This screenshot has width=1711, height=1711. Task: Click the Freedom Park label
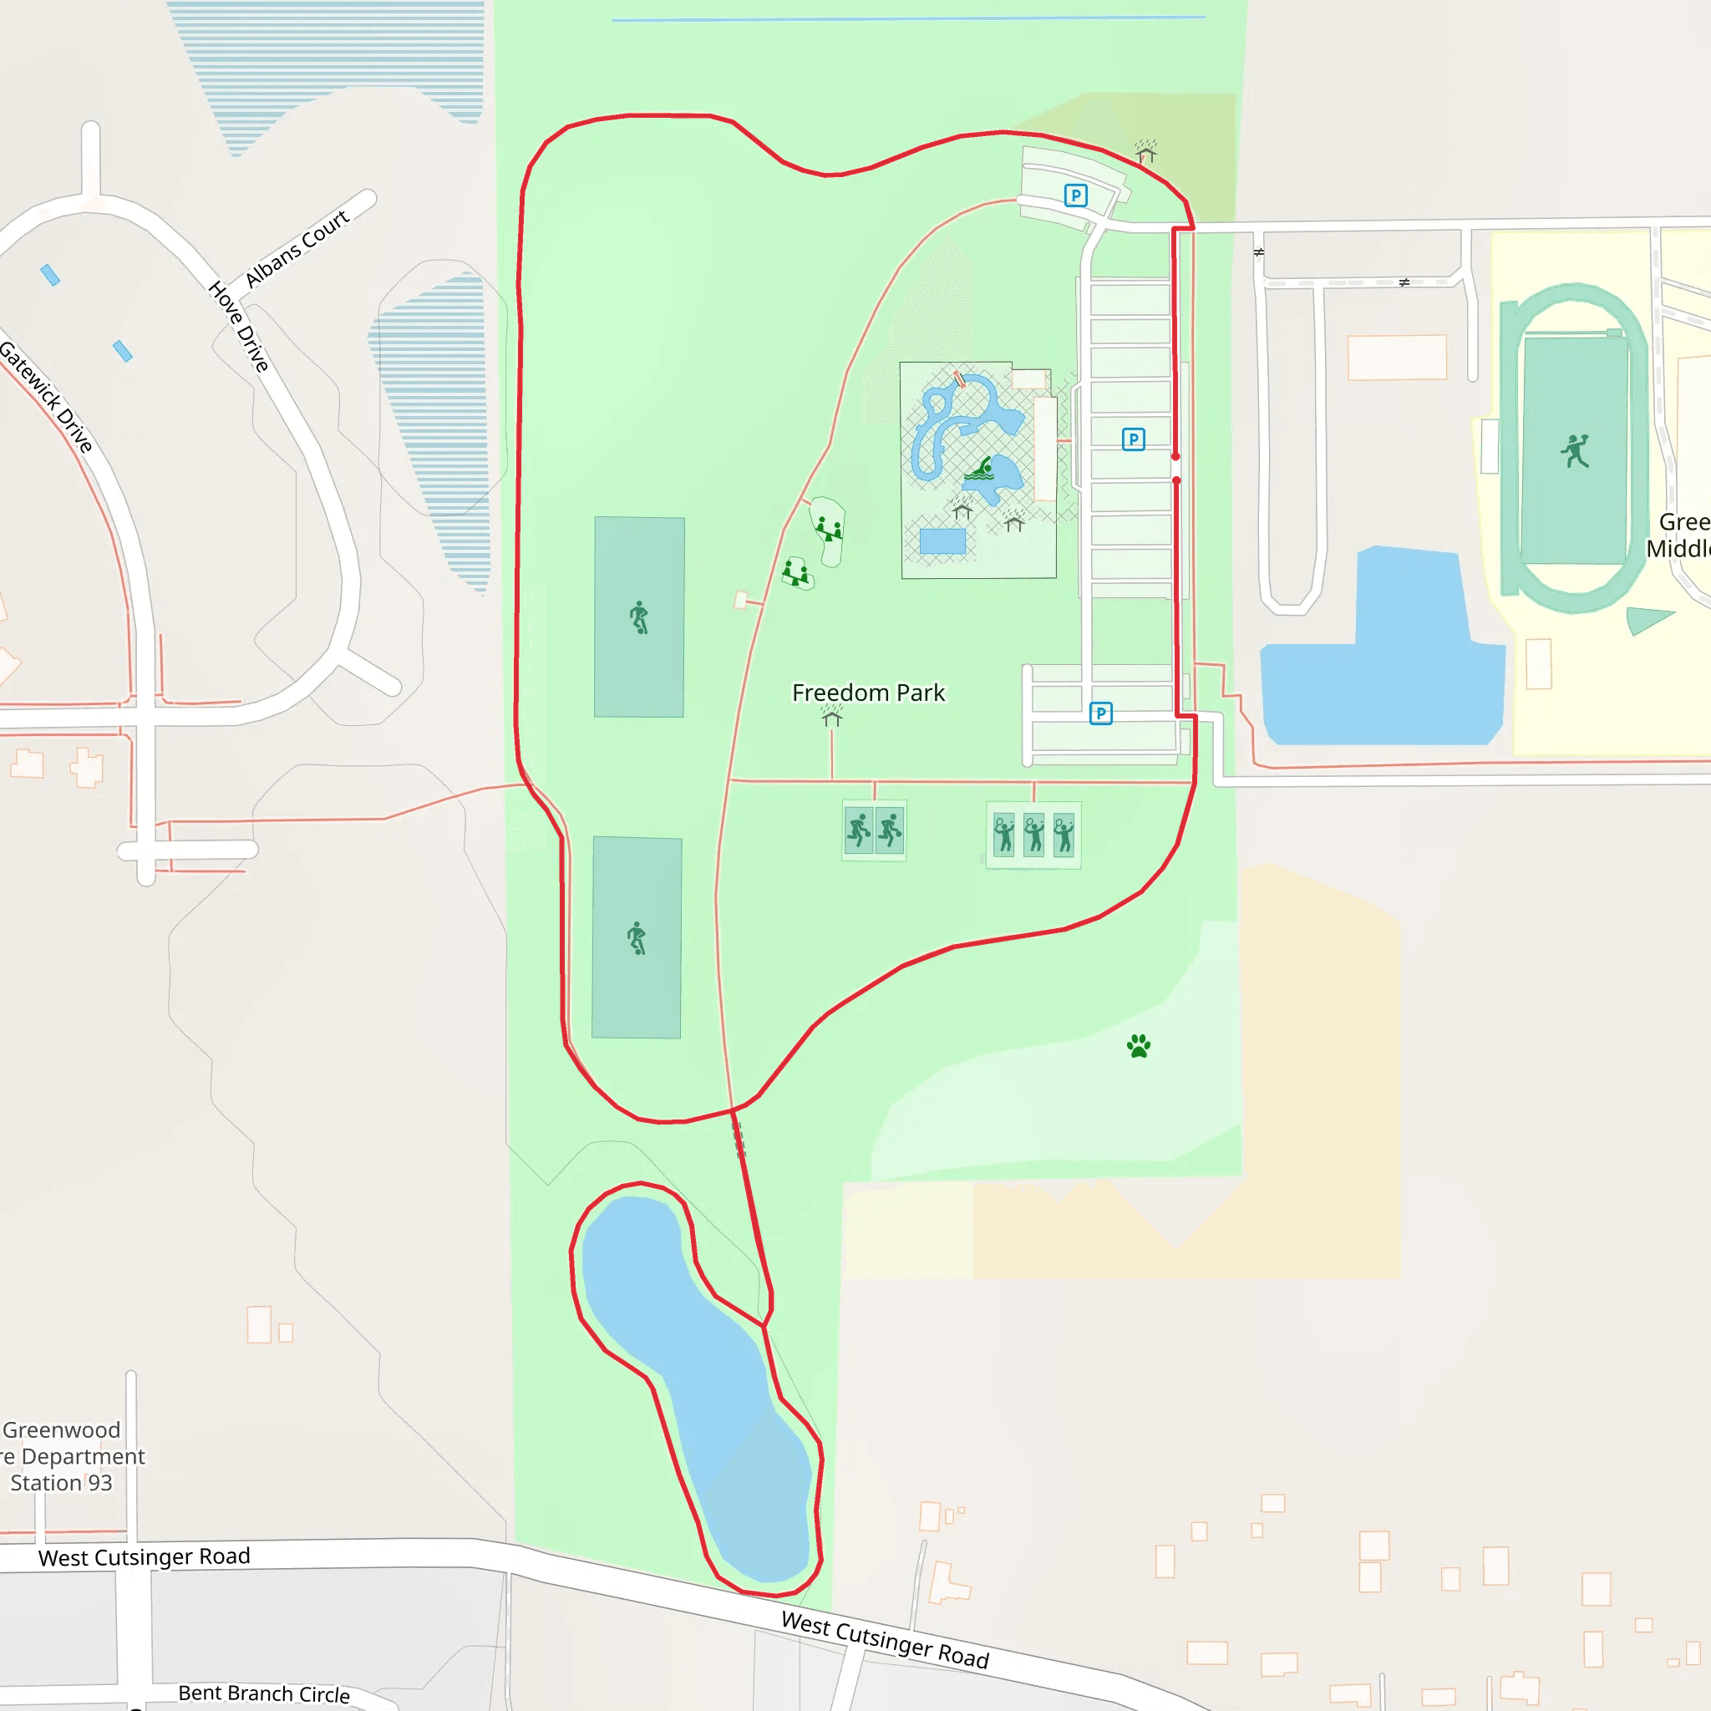[x=868, y=693]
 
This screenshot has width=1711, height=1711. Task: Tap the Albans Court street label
[x=297, y=249]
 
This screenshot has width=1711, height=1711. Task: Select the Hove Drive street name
[x=238, y=327]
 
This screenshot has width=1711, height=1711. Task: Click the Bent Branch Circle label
[x=264, y=1693]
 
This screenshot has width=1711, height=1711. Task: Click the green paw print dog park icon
[x=1138, y=1046]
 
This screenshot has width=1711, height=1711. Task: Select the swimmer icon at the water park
[x=979, y=469]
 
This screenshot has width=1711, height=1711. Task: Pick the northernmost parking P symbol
[x=1075, y=195]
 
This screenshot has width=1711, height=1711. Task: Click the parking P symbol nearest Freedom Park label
[x=1100, y=713]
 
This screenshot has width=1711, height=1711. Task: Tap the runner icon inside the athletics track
[x=1575, y=451]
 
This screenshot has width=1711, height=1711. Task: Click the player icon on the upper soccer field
[x=638, y=617]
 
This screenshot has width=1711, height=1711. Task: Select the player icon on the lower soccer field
[x=637, y=938]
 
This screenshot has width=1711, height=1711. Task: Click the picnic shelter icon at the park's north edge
[x=1146, y=152]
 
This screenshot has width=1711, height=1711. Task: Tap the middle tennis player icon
[x=1033, y=835]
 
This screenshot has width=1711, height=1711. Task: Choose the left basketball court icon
[x=858, y=830]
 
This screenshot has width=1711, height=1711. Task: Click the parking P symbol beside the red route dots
[x=1133, y=439]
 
